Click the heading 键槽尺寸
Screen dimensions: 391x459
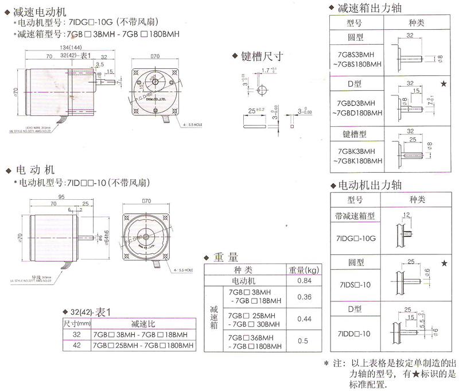click(x=262, y=56)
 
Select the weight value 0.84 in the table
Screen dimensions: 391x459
click(x=305, y=281)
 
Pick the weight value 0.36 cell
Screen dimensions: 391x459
click(x=305, y=297)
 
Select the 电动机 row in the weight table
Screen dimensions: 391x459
click(x=247, y=281)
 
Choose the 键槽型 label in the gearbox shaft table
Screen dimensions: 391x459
click(x=356, y=134)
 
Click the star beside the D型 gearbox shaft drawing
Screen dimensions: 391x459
click(x=444, y=84)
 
